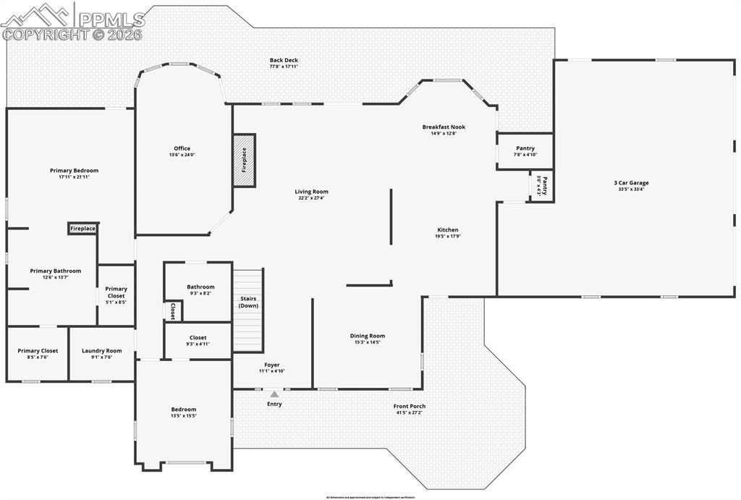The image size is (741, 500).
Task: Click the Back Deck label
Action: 284,60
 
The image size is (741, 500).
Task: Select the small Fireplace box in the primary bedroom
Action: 82,229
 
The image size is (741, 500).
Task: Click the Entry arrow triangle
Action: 274,394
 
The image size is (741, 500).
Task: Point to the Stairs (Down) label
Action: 247,302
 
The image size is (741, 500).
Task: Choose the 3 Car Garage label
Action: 631,183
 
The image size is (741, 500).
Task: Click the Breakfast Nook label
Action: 444,127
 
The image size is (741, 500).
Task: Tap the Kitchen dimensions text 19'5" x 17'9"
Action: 447,237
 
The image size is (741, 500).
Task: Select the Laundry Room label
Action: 101,350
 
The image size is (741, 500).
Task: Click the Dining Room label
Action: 367,336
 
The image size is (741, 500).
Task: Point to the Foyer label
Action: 271,365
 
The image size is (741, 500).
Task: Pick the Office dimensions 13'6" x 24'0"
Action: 182,155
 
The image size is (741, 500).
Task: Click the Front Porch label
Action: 409,406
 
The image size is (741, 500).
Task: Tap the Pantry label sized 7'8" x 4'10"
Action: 525,148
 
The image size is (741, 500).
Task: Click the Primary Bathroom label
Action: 56,271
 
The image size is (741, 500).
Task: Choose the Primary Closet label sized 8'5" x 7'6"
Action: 38,350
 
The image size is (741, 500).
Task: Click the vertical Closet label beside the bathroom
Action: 173,310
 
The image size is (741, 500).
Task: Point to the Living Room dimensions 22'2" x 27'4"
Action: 311,198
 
